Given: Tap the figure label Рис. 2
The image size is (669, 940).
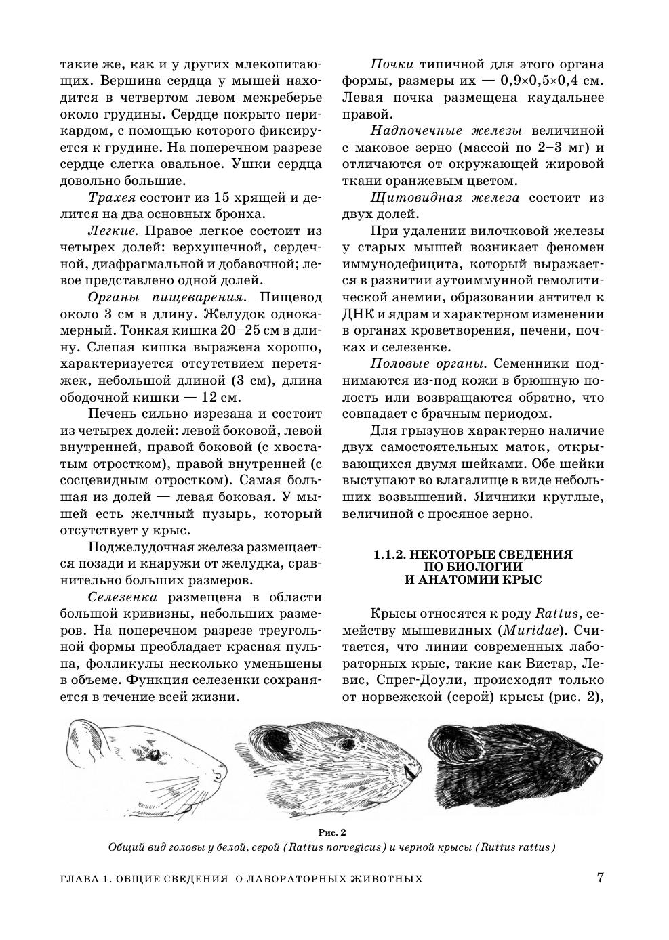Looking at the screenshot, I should tap(332, 832).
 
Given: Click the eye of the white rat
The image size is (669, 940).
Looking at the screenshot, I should tap(155, 753).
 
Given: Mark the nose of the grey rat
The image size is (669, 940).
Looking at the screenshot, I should tap(409, 771).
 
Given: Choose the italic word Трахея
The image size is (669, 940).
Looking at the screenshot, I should tap(112, 198).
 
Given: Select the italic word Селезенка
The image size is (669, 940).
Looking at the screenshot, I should tap(122, 597).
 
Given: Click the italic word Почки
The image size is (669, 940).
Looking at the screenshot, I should tap(392, 65).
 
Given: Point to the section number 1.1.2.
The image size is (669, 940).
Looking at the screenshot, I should tap(389, 554).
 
